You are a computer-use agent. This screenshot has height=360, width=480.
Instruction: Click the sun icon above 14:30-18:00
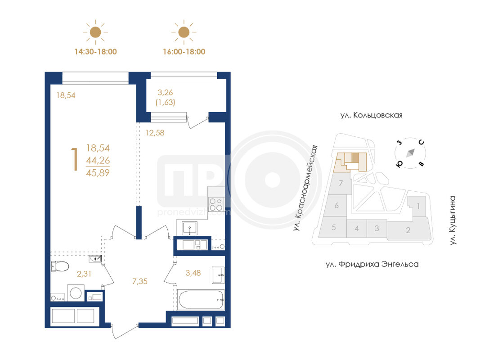[95, 32]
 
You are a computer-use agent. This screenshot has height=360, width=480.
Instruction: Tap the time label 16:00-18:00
[184, 52]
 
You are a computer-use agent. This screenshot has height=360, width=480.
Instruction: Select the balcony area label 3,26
[165, 92]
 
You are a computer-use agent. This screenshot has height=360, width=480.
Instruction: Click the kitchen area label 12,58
[155, 133]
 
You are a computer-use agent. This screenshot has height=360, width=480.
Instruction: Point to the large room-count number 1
[74, 159]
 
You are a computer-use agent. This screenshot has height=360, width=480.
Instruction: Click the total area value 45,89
[98, 173]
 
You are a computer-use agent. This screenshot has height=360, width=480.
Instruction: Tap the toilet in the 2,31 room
[60, 266]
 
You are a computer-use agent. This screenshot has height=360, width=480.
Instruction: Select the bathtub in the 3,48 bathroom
[201, 300]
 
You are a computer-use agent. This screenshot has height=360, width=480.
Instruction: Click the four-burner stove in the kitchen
[216, 204]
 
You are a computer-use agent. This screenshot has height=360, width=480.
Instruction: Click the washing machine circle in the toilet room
[76, 293]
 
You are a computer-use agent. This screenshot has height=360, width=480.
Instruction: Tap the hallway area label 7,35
[140, 281]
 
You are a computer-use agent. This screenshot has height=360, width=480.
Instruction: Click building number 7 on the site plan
[341, 183]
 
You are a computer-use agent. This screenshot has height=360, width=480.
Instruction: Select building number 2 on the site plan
[408, 230]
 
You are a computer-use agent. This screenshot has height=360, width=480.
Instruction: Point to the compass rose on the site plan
[410, 153]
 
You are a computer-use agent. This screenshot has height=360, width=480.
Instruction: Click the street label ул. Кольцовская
[371, 115]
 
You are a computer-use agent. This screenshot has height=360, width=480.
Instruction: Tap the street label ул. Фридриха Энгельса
[372, 264]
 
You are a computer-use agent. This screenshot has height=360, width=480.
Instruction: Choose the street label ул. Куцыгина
[453, 220]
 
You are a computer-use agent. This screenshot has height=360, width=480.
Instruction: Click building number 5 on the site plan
[334, 227]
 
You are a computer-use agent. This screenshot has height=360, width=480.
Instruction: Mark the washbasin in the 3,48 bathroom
[218, 275]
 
